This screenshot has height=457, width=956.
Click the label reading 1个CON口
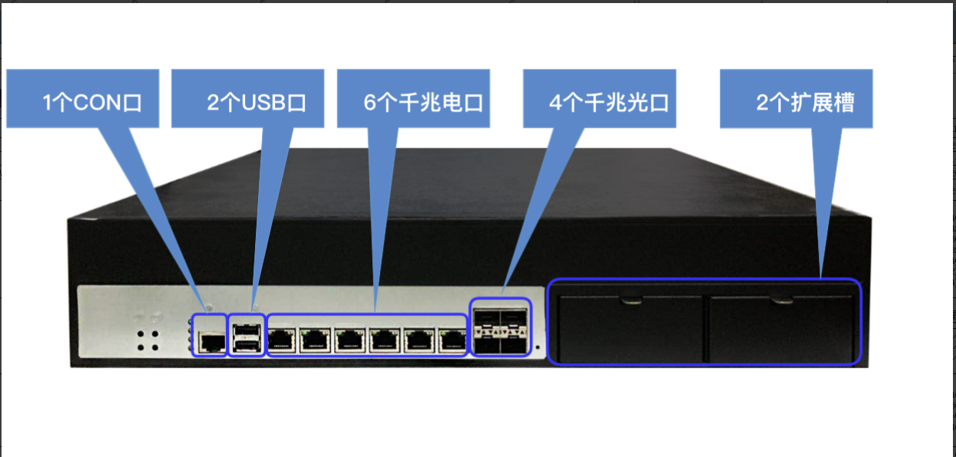pyautogui.click(x=92, y=103)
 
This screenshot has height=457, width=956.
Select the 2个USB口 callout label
pyautogui.click(x=257, y=103)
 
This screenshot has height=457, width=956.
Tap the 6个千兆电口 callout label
pyautogui.click(x=423, y=103)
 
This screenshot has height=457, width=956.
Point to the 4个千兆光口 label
pyautogui.click(x=608, y=103)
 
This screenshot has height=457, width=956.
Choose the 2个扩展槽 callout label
pyautogui.click(x=805, y=103)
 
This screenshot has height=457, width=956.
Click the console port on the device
pyautogui.click(x=212, y=342)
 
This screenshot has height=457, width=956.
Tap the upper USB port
pyautogui.click(x=247, y=331)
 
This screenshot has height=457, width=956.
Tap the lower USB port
pyautogui.click(x=247, y=345)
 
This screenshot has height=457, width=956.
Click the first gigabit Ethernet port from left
pyautogui.click(x=281, y=340)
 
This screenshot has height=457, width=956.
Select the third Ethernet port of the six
pyautogui.click(x=350, y=340)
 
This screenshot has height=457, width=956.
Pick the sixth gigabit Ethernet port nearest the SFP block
pyautogui.click(x=453, y=340)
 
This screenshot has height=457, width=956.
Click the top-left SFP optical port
pyautogui.click(x=487, y=318)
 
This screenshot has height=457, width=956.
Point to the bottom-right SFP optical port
pyautogui.click(x=514, y=345)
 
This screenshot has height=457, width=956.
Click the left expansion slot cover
pyautogui.click(x=630, y=328)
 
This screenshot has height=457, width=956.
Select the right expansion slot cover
pyautogui.click(x=781, y=328)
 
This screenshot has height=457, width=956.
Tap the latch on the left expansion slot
pyautogui.click(x=631, y=300)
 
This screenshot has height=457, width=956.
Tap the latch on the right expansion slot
pyautogui.click(x=781, y=300)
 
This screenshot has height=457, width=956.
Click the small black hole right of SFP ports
pyautogui.click(x=538, y=347)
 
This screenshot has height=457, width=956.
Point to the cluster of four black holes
pyautogui.click(x=148, y=340)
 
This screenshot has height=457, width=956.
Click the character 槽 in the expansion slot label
pyautogui.click(x=843, y=103)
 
